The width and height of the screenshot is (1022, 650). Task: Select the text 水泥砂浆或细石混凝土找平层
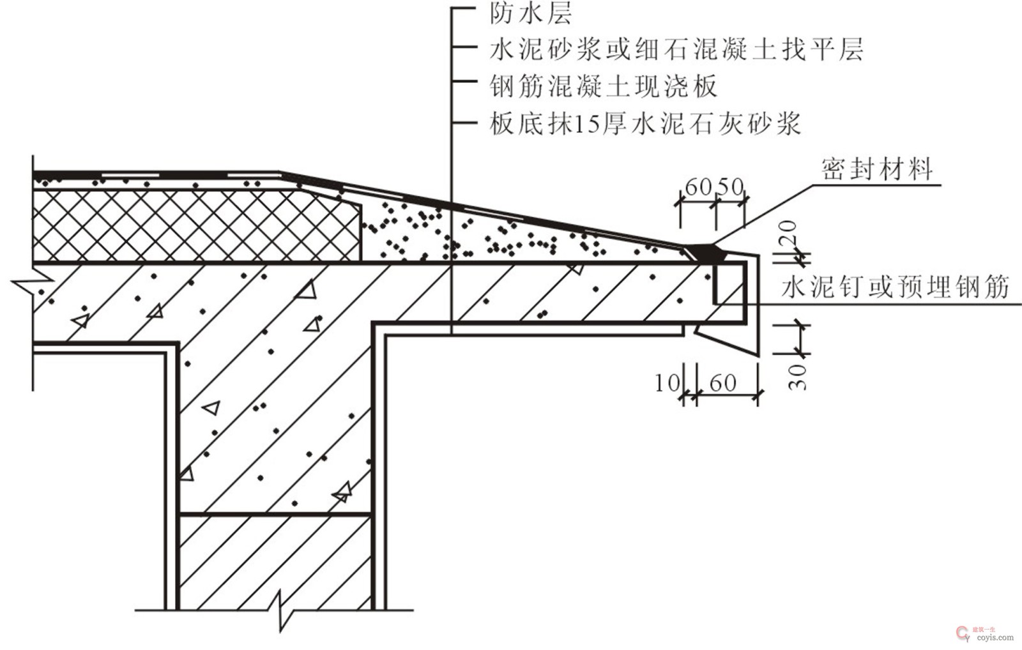pyautogui.click(x=676, y=49)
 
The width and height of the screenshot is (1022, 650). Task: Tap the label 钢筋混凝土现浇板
pyautogui.click(x=604, y=86)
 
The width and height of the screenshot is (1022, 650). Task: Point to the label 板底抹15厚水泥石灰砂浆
pyautogui.click(x=645, y=123)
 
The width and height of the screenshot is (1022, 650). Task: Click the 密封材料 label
pyautogui.click(x=876, y=169)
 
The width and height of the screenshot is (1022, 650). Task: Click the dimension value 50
pyautogui.click(x=731, y=186)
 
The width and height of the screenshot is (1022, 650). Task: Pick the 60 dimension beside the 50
pyautogui.click(x=698, y=186)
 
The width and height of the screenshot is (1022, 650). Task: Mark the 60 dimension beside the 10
pyautogui.click(x=722, y=383)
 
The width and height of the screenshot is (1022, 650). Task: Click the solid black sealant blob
pyautogui.click(x=710, y=253)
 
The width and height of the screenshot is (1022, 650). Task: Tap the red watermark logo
pyautogui.click(x=962, y=633)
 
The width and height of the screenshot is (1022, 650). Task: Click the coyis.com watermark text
pyautogui.click(x=995, y=637)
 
